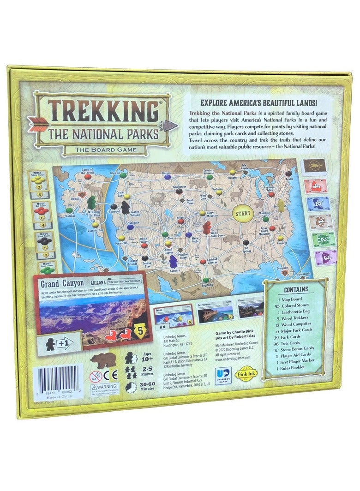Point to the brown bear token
(103, 360)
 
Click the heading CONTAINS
(296, 289)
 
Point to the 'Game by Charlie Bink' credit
(235, 332)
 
